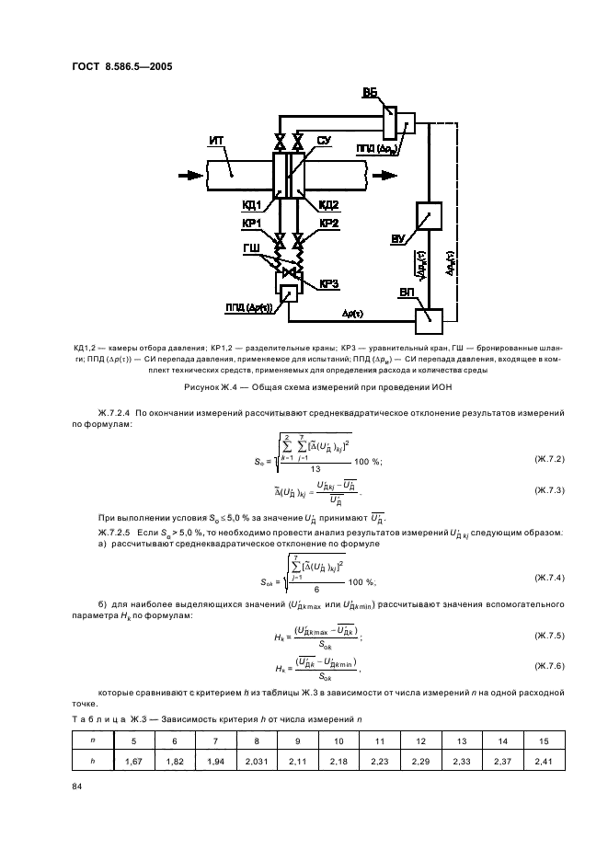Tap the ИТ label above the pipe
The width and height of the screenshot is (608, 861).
216,139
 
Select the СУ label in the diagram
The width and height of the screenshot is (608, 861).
324,140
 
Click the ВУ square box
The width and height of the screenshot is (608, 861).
429,216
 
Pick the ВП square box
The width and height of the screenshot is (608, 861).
429,320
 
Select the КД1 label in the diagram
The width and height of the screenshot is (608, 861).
253,204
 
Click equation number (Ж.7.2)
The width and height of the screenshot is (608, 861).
550,458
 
